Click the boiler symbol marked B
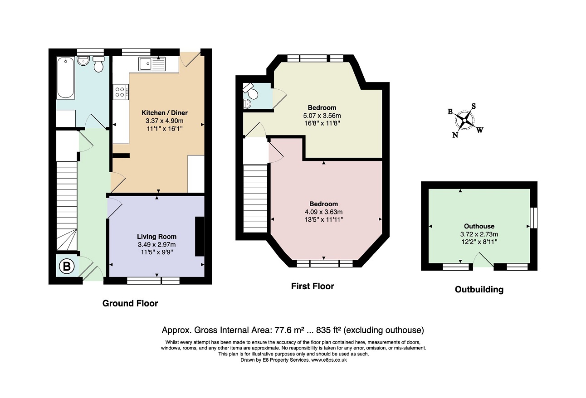[x=67, y=267]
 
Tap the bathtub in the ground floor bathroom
[x=65, y=78]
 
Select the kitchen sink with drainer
[x=152, y=64]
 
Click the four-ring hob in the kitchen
[x=121, y=92]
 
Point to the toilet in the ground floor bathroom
[x=98, y=64]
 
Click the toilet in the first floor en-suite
[x=251, y=91]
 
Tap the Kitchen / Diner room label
[x=165, y=113]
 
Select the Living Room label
[x=156, y=237]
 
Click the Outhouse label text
[x=479, y=226]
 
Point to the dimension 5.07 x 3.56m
[x=322, y=116]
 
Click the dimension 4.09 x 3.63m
[x=323, y=212]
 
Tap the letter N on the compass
[x=455, y=135]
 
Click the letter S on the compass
[x=474, y=106]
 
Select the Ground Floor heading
[x=130, y=303]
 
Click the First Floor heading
[x=313, y=286]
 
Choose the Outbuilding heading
[x=479, y=290]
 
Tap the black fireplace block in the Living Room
[x=200, y=236]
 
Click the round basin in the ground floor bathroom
[x=83, y=61]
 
